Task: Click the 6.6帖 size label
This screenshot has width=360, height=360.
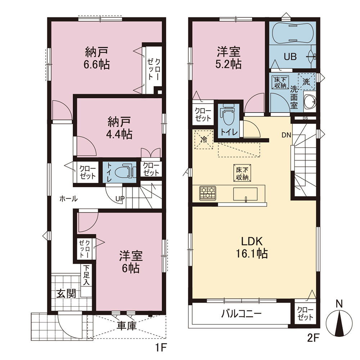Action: (96, 65)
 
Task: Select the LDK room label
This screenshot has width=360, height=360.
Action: (252, 241)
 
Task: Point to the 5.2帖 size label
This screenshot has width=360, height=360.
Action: (229, 64)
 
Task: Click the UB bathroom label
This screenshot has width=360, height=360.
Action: (290, 57)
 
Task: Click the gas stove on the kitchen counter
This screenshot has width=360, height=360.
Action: (208, 193)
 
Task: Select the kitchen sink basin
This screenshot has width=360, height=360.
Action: (246, 194)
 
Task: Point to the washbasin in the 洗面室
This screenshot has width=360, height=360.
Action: (310, 101)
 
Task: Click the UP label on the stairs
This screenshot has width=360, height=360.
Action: (120, 199)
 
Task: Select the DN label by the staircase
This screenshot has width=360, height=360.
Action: (286, 135)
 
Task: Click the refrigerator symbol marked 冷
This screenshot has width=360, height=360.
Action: (204, 139)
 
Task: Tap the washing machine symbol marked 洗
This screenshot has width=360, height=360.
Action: (307, 82)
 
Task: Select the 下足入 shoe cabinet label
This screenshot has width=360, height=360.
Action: (86, 275)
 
